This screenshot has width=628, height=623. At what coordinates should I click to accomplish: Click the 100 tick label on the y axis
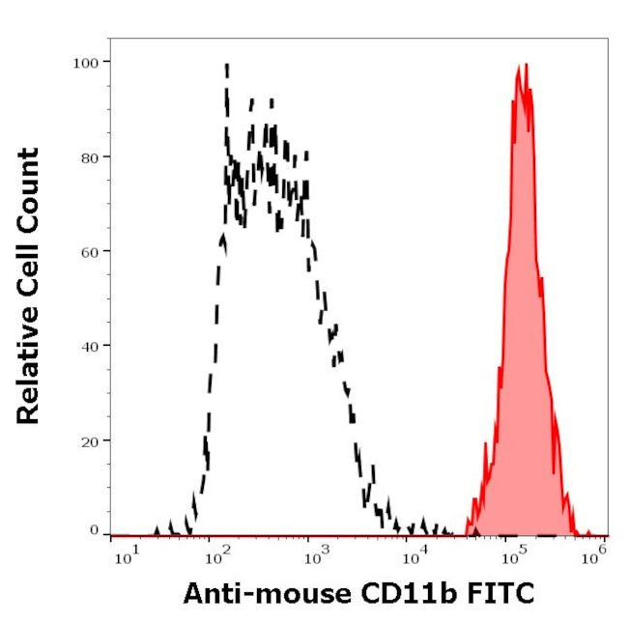click(85, 62)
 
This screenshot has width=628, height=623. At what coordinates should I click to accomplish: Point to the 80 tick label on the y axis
click(89, 156)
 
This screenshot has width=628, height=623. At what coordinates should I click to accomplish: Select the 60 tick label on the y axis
click(89, 251)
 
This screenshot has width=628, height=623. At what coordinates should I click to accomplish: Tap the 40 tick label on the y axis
click(89, 346)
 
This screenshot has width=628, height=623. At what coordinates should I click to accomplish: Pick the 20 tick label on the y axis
click(89, 440)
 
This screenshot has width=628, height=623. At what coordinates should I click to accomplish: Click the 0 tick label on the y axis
click(94, 531)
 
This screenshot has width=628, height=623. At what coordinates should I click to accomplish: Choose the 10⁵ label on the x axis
click(512, 556)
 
